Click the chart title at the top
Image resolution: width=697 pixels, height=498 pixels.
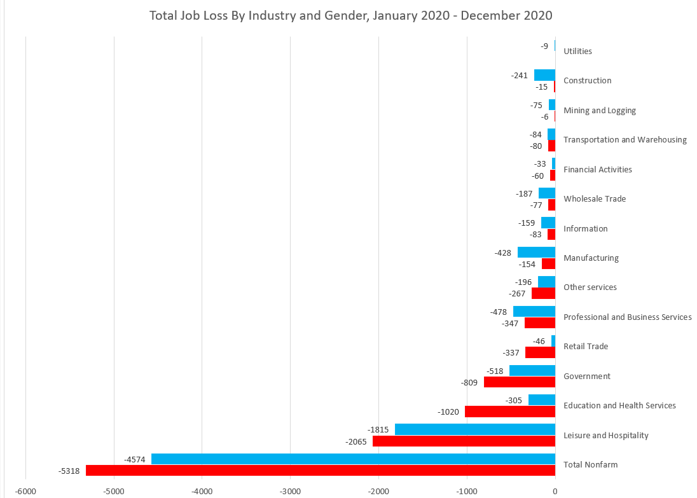(350, 15)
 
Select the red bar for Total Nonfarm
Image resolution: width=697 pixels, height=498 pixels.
(320, 471)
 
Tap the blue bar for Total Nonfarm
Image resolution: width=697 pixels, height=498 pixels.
(353, 459)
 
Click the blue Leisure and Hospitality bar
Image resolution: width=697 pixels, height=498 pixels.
(474, 429)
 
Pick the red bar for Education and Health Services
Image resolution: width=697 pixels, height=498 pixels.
(509, 412)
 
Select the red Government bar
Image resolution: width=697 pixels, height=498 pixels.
(519, 382)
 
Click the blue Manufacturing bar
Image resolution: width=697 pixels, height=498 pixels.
(535, 252)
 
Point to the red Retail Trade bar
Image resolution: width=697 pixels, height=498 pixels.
(539, 352)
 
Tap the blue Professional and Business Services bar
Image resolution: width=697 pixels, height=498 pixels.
(534, 311)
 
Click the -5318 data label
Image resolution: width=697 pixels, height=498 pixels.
(69, 471)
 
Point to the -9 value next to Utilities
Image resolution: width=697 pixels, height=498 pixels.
(544, 46)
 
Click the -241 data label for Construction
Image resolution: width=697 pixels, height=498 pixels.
(520, 75)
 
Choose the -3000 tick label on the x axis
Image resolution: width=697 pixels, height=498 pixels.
(290, 490)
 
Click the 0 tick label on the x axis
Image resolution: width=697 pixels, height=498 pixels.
(555, 490)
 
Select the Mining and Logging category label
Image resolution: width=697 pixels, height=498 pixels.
(599, 110)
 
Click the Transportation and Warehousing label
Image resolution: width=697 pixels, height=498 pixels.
(625, 139)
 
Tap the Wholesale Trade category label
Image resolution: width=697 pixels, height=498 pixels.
(594, 198)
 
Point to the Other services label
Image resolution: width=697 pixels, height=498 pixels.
(590, 287)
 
